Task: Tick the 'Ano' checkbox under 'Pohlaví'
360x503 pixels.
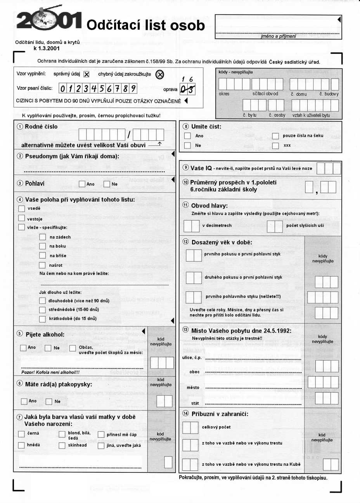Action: [82, 184]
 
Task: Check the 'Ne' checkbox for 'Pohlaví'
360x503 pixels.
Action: [107, 184]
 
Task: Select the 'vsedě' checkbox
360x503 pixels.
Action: [22, 208]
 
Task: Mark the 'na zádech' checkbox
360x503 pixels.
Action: [43, 237]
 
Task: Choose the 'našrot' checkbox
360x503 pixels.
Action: [43, 265]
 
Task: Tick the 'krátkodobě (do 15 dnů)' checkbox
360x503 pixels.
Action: [43, 319]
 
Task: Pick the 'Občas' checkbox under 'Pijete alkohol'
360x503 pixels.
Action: [73, 348]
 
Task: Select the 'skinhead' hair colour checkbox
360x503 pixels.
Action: [62, 445]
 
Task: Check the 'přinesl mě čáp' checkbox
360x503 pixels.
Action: [101, 435]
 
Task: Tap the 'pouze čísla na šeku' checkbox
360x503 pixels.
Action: [275, 136]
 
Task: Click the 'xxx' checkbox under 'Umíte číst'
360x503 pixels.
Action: [275, 145]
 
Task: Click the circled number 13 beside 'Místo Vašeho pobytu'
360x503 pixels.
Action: [185, 330]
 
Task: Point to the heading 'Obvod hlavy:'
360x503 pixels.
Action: [209, 206]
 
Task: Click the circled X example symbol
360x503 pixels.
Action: [159, 74]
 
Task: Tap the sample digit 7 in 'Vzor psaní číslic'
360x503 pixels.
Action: [117, 88]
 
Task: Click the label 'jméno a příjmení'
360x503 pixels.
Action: [278, 36]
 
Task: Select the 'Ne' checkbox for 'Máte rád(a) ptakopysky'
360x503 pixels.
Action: [49, 401]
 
